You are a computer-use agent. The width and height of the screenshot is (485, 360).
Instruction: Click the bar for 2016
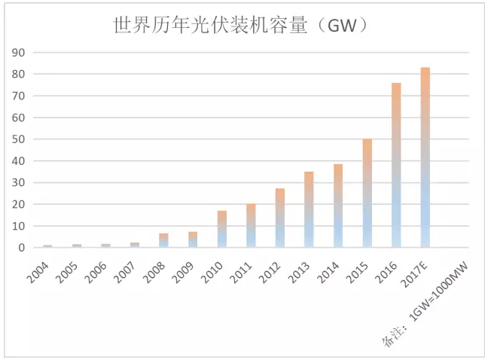tap(396, 166)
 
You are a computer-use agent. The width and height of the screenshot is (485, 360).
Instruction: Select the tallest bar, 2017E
tap(426, 158)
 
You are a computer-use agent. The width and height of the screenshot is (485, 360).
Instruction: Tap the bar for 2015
tap(367, 194)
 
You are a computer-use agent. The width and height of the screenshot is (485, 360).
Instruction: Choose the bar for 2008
tap(163, 240)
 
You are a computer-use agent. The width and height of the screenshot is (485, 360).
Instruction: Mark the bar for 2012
tap(280, 218)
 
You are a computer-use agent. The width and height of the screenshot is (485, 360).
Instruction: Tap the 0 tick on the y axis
tap(23, 248)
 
